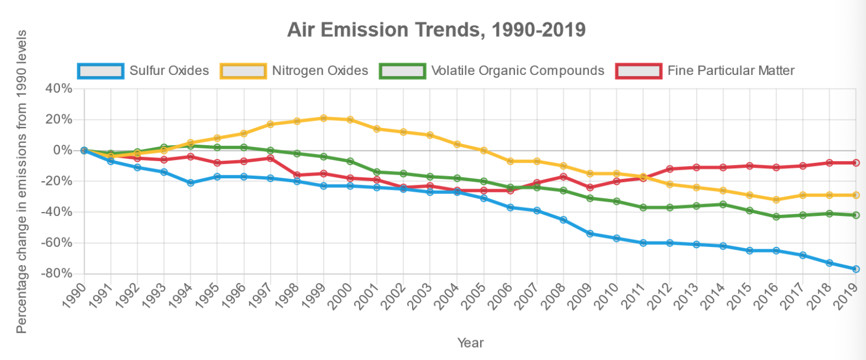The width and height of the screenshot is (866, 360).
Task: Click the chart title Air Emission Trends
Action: pos(436,29)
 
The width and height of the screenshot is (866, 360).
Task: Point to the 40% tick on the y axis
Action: pos(59,88)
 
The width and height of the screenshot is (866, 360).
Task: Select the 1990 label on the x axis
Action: pos(74,296)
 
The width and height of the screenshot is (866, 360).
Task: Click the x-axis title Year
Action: pos(471,343)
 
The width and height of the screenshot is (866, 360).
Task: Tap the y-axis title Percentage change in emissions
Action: pos(21,182)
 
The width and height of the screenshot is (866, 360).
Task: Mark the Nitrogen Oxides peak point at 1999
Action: pos(324,118)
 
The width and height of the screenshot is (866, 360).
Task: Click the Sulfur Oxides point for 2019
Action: pos(856,269)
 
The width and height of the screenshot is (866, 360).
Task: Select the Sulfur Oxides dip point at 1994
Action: pos(191,183)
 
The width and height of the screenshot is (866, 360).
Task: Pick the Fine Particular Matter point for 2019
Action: pos(856,163)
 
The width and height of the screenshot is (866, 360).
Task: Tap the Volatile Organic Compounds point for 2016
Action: pos(776,216)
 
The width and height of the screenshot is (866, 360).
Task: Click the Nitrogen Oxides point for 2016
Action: pos(776,200)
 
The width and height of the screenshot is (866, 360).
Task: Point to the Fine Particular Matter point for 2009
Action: pos(590,187)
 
